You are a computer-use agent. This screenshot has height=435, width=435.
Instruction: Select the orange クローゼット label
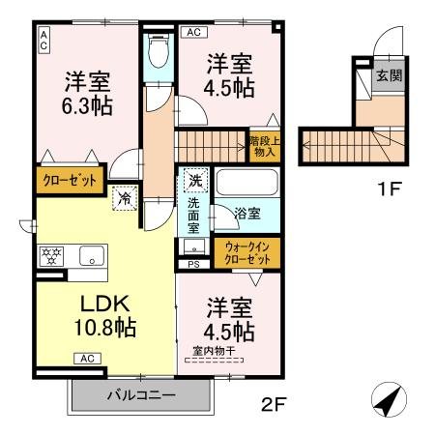pyautogui.click(x=68, y=178)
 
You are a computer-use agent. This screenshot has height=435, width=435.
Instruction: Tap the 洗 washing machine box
pyautogui.click(x=193, y=181)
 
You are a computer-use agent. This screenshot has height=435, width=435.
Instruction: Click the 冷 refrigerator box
pyautogui.click(x=125, y=197)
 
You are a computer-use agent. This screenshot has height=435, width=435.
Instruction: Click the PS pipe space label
pyautogui.click(x=193, y=263)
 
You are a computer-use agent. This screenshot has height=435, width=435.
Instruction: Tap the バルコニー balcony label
pyautogui.click(x=140, y=395)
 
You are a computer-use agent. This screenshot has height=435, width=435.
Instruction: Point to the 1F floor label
pyautogui.click(x=390, y=188)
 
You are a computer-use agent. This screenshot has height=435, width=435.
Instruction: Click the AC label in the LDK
pyautogui.click(x=84, y=359)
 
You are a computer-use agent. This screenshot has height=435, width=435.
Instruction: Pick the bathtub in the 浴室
pyautogui.click(x=246, y=182)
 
